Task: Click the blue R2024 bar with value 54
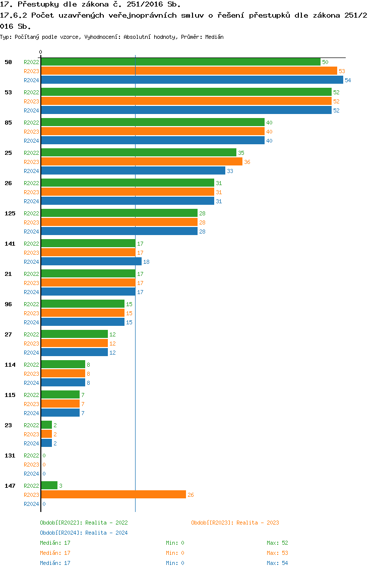click(192, 80)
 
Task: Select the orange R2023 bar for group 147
click(113, 495)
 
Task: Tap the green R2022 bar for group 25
click(139, 153)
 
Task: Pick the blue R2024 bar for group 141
click(91, 262)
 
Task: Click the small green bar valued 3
click(49, 486)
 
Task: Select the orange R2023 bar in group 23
click(46, 434)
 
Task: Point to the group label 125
click(10, 213)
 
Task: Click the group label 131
click(10, 455)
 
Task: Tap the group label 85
click(8, 123)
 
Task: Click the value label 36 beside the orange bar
click(247, 162)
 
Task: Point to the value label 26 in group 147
click(191, 495)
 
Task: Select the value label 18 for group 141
click(146, 262)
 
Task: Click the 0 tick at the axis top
click(41, 52)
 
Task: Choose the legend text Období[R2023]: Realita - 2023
click(235, 523)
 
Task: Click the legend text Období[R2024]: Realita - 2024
click(84, 533)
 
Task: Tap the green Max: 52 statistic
click(277, 543)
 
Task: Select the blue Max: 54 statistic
click(277, 563)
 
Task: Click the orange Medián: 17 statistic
click(55, 553)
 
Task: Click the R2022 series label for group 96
click(31, 304)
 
